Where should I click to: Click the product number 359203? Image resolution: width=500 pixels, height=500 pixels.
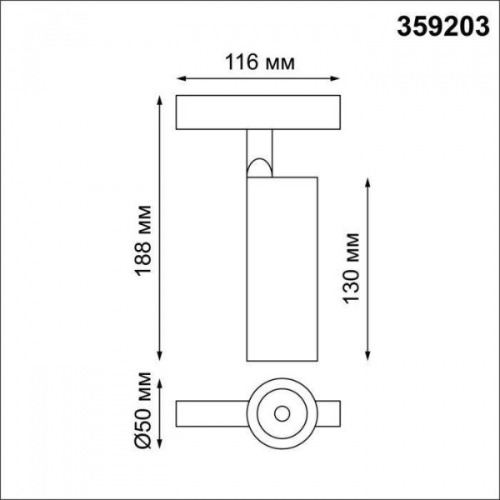(x=442, y=27)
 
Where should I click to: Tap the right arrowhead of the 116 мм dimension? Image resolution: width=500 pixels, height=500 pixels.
(x=338, y=80)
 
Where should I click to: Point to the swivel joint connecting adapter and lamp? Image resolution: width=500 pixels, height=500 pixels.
(x=261, y=154)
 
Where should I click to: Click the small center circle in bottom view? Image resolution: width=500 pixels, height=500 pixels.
(x=280, y=412)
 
